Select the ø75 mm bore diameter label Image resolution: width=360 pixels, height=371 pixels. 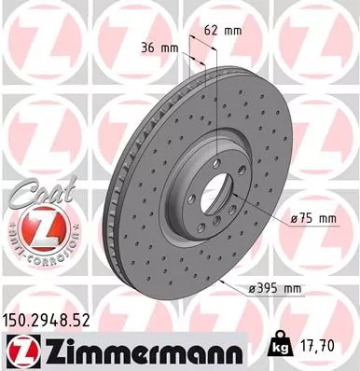tap(312, 218)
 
